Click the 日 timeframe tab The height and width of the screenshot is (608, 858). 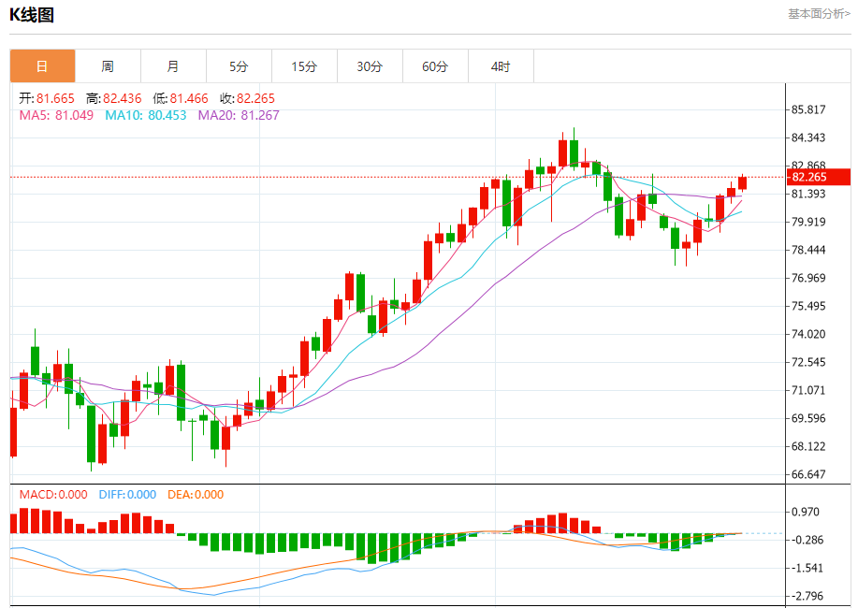pos(42,66)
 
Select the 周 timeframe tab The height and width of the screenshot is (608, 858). pos(108,66)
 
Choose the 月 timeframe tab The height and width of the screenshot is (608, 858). pos(173,66)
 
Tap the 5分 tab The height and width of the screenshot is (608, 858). pos(239,66)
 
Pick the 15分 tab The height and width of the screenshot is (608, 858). pos(304,66)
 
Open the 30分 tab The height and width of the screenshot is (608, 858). pos(370,66)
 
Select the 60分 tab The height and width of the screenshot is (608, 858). pos(435,66)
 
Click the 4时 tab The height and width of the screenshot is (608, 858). pos(501,66)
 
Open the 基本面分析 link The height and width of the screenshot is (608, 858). pos(819,14)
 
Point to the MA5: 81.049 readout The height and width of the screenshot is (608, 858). pos(56,115)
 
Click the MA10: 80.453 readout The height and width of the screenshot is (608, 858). pos(145,115)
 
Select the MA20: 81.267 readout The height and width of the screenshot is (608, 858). pos(238,115)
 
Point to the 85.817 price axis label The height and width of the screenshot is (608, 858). pos(808,109)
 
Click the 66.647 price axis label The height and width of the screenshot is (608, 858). pos(808,474)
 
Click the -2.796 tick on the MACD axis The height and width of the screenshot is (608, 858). pos(808,596)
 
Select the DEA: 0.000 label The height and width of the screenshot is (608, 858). pos(196,495)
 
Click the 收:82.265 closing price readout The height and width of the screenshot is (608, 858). pos(247,98)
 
